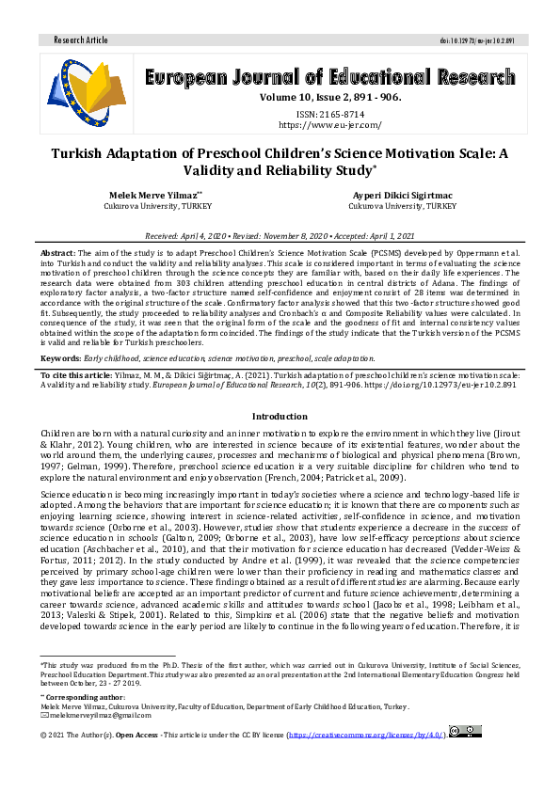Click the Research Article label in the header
click(x=82, y=40)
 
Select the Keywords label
click(x=61, y=358)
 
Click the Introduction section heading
click(x=280, y=416)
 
